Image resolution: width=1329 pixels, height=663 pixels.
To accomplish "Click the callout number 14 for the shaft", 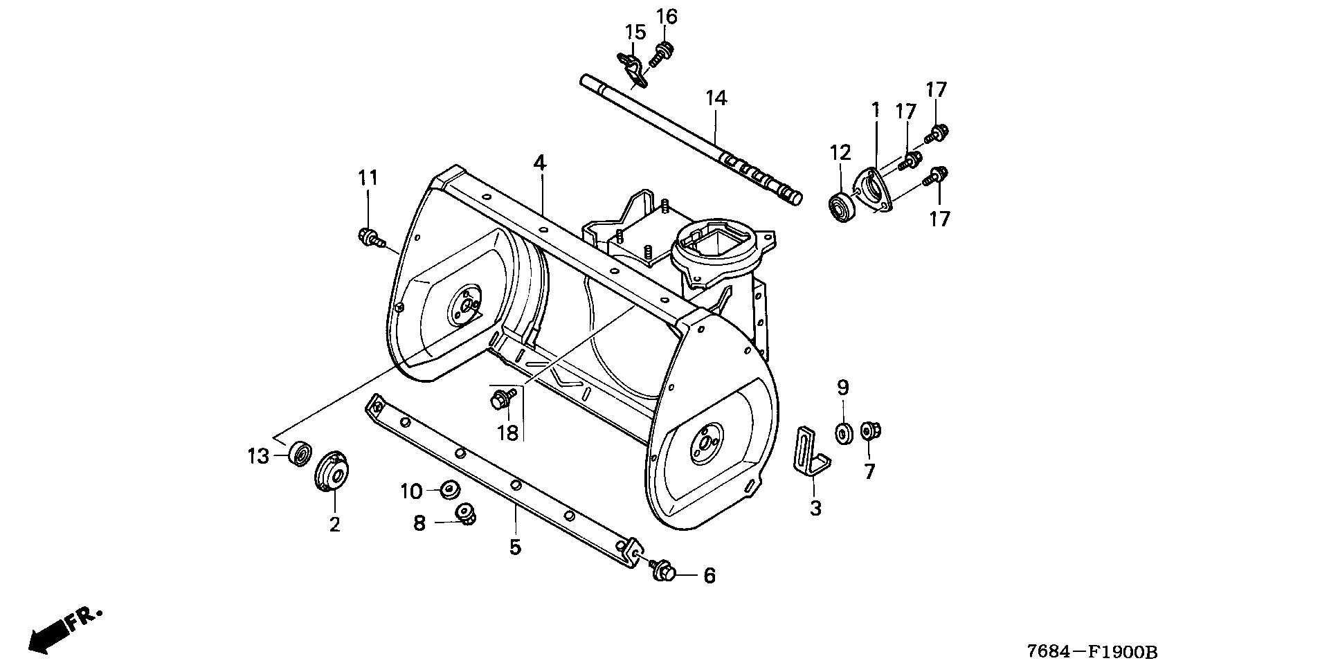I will [716, 99].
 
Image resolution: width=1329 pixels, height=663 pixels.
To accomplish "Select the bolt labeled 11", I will [370, 237].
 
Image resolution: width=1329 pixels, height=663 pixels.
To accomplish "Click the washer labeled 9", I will [844, 433].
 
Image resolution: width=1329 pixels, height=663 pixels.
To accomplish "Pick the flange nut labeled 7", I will [869, 432].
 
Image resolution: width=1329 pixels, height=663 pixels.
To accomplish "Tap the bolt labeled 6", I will [664, 571].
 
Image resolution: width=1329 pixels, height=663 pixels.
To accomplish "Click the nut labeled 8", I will [465, 514].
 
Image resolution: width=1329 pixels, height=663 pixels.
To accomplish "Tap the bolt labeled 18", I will [501, 398].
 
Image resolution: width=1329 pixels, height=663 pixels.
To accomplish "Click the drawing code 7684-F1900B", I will [1092, 652].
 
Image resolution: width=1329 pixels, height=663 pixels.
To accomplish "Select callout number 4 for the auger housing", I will [539, 163].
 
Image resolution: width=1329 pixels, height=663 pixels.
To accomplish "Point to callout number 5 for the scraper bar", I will [515, 547].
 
